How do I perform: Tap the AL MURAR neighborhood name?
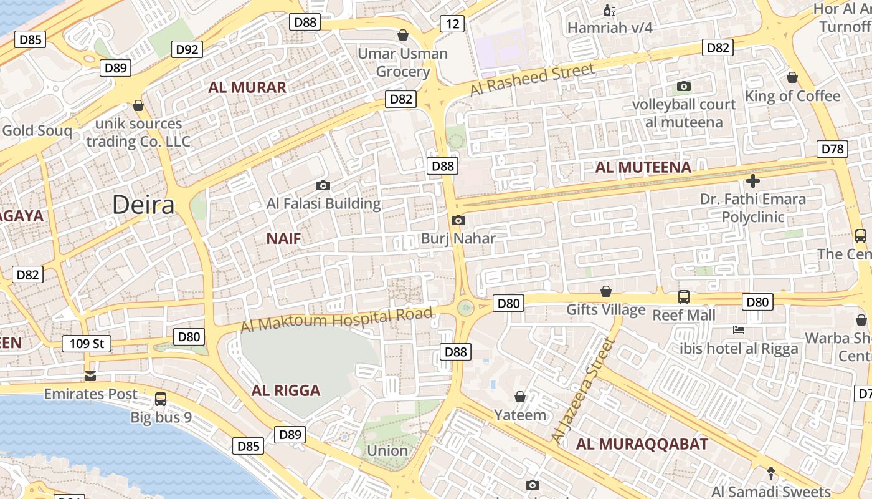pos(247,87)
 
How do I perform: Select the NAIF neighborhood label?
pos(284,238)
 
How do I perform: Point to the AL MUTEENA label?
pos(643,167)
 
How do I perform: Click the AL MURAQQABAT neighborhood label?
pos(642,444)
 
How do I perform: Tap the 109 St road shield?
pos(87,344)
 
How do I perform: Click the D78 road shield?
pos(832,149)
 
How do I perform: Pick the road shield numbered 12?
pos(452,24)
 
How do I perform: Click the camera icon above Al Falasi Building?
pos(323,185)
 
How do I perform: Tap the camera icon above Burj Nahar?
pos(458,220)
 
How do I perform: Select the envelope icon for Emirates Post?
pos(90,375)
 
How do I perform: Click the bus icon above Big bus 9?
pos(161,399)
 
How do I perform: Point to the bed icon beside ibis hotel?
pos(739,329)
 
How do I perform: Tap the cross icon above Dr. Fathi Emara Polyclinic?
pos(753,181)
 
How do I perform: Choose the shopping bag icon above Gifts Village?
pos(605,291)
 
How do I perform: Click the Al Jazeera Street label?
pos(583,391)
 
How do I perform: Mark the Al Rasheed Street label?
pos(532,80)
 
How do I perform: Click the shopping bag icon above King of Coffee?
pos(792,77)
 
